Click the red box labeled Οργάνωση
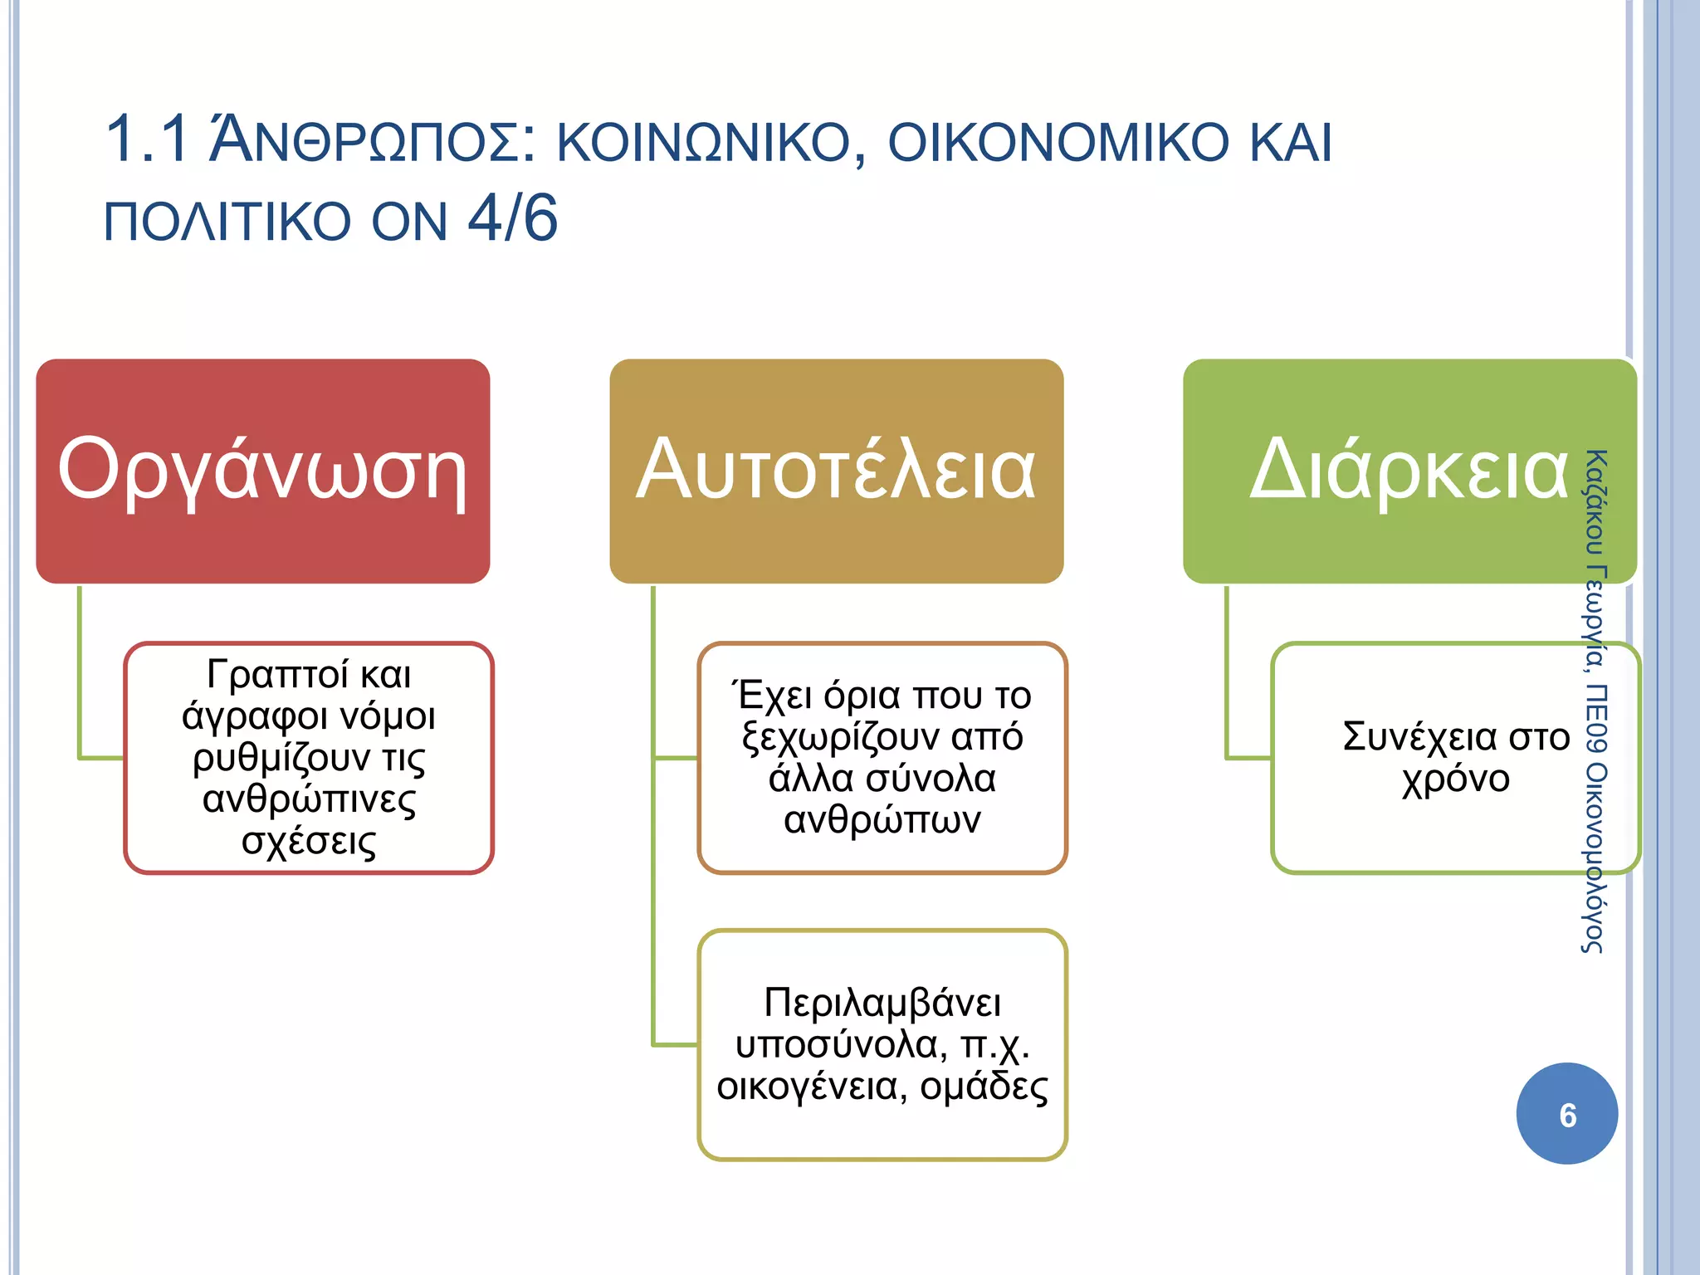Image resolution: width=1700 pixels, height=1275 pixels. point(262,471)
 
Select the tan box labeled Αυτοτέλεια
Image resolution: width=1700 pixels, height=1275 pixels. point(836,471)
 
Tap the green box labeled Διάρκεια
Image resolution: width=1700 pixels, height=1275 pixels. point(1409,471)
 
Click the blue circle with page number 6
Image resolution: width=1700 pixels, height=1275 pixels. point(1566,1114)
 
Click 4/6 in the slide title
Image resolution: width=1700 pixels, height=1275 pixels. point(513,219)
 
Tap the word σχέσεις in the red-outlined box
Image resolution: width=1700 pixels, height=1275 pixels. point(309,842)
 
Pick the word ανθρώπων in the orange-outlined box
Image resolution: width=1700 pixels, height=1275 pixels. point(882,820)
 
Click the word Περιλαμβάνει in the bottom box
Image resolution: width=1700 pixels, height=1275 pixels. point(882,1003)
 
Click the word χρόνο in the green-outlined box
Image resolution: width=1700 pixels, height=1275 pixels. point(1455,779)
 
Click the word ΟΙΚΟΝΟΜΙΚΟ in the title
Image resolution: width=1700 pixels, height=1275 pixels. point(1058,141)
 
